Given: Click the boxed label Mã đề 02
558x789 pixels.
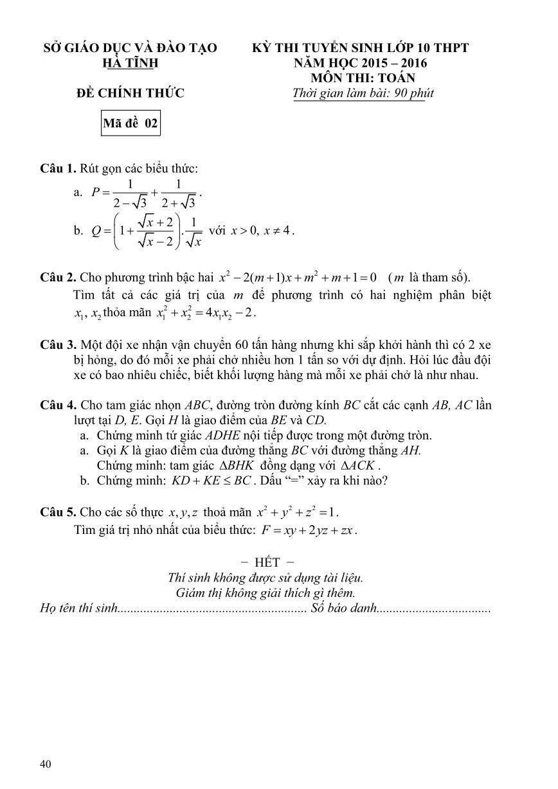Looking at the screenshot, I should (130, 123).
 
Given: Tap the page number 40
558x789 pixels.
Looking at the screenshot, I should (45, 763).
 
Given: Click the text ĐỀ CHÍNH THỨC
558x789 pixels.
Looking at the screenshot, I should (130, 93).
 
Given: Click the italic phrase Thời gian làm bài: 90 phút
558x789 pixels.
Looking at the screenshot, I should (363, 93).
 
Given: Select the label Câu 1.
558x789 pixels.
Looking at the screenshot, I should (58, 169).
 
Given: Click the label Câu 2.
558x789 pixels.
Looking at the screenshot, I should (58, 278).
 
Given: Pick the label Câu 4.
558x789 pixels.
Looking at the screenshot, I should (58, 405).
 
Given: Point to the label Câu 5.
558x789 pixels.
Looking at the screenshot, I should (58, 512).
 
